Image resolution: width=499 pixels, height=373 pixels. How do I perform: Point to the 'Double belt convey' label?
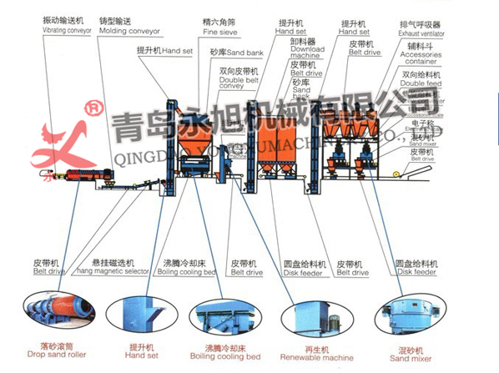pos(236,84)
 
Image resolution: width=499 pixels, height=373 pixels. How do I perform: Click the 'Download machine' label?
pos(307,53)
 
